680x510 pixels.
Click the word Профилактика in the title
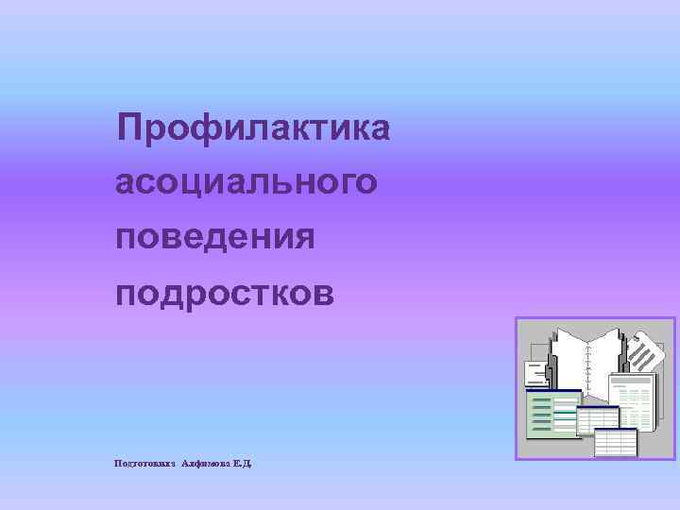[252, 127]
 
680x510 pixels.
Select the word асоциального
[246, 181]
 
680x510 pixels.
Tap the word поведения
[214, 236]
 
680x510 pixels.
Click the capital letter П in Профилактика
[130, 127]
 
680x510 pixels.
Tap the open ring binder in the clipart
[586, 359]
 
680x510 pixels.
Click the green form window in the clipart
[552, 416]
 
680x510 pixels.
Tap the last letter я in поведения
[302, 238]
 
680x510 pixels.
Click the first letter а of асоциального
[126, 183]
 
